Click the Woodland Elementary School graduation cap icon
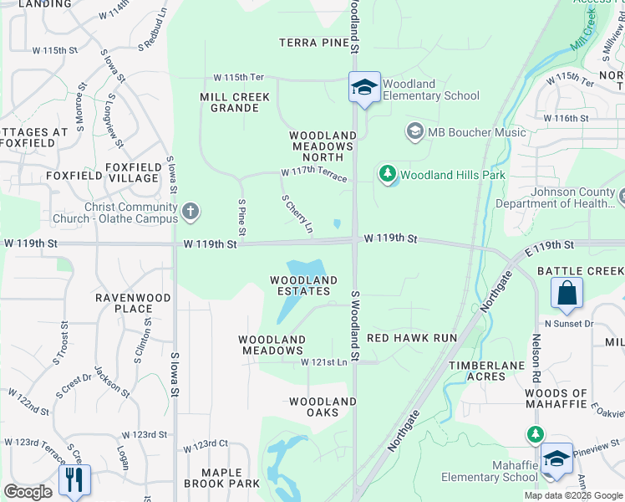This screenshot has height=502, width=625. (364, 87)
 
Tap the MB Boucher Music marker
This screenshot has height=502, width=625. (414, 131)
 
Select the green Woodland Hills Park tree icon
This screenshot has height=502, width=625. (387, 174)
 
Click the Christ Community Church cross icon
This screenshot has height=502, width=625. (191, 212)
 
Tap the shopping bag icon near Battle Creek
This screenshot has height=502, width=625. (567, 294)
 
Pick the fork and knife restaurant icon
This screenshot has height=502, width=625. (74, 479)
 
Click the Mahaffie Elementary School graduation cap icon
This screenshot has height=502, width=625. (556, 458)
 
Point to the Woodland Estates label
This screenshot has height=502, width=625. (303, 285)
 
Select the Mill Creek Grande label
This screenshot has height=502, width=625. (235, 102)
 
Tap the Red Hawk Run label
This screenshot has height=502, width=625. (412, 337)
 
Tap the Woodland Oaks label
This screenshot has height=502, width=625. (323, 407)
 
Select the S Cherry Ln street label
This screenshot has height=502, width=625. (297, 214)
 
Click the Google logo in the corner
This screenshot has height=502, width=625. (27, 492)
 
